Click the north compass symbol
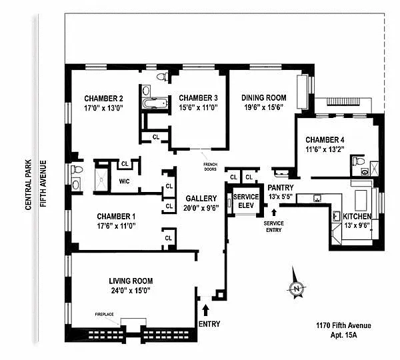(x=297, y=288)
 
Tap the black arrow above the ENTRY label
(x=206, y=310)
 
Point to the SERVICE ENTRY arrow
(x=274, y=213)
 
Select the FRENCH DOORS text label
(x=211, y=167)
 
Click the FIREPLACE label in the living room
(x=105, y=314)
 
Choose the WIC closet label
(x=124, y=181)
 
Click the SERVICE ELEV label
(x=246, y=201)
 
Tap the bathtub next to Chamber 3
(x=155, y=103)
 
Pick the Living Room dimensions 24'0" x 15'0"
(x=131, y=291)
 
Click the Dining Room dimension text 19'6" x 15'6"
(x=264, y=107)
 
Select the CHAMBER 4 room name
(x=325, y=140)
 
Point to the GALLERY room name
(x=201, y=199)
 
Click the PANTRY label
(x=281, y=188)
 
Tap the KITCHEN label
(x=357, y=217)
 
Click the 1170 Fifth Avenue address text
(x=343, y=325)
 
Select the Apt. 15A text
(x=343, y=335)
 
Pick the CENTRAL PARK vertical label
(x=28, y=185)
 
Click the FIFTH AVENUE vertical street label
(x=43, y=183)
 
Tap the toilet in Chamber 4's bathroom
(x=359, y=161)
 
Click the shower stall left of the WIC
(x=101, y=179)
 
